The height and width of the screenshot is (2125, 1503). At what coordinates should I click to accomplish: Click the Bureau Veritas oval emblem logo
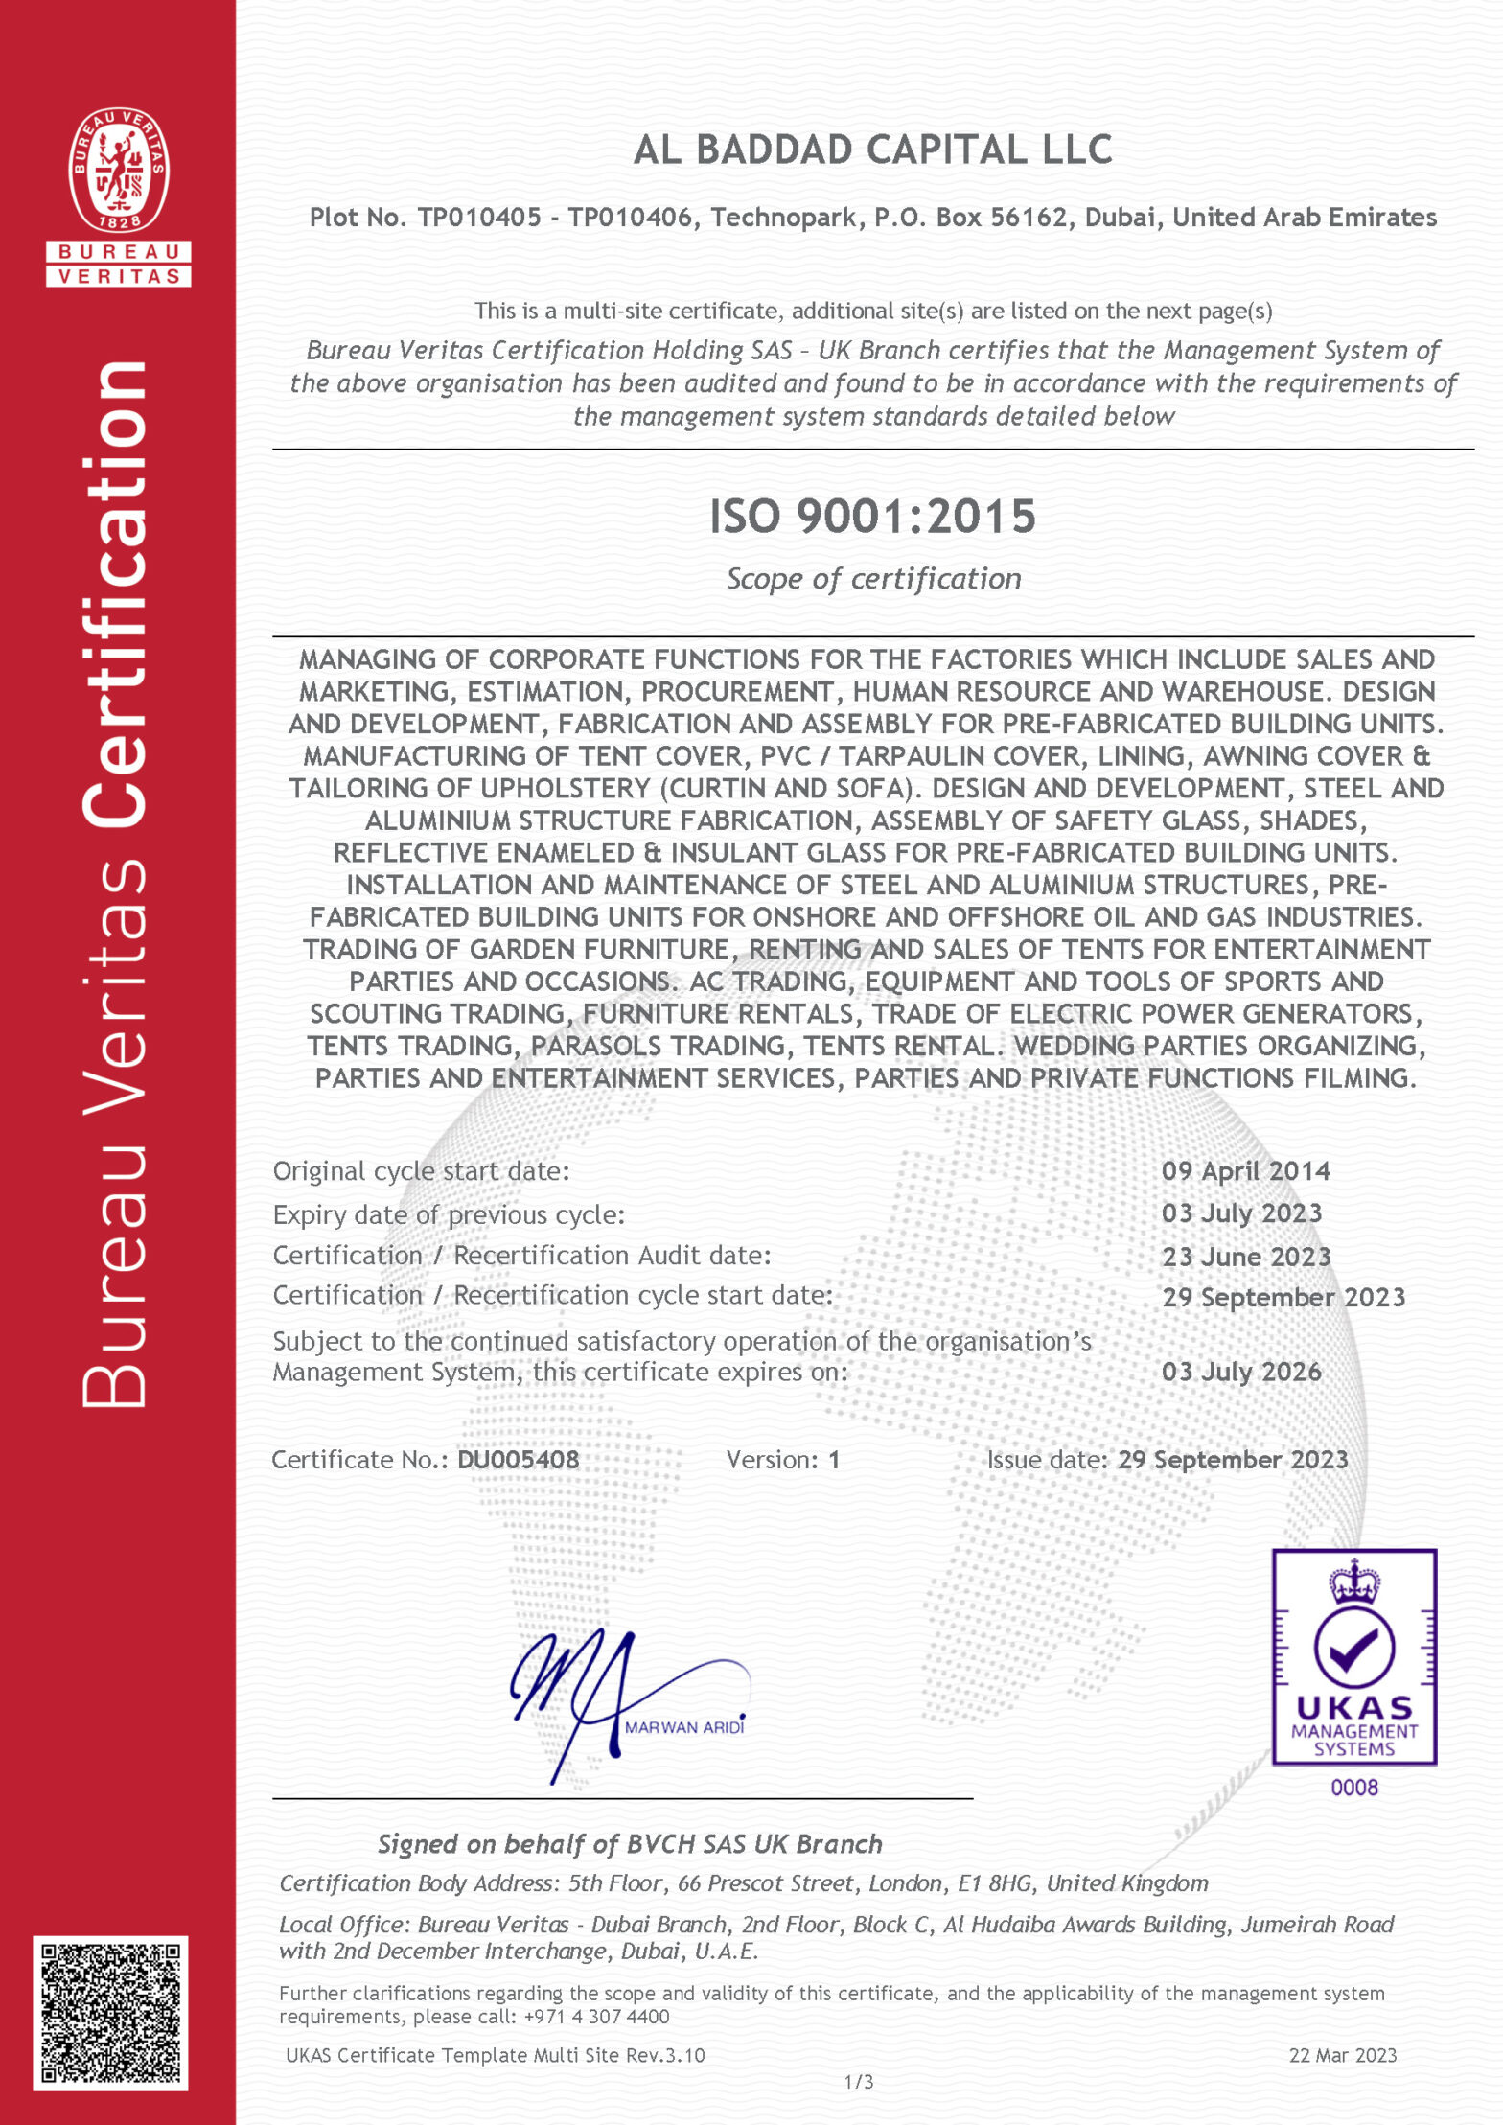coord(119,170)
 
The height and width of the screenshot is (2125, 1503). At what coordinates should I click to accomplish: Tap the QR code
coord(110,2013)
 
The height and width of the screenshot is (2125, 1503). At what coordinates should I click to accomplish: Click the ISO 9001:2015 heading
coord(872,517)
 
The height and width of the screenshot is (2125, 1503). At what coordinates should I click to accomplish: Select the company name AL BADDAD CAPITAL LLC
coord(872,150)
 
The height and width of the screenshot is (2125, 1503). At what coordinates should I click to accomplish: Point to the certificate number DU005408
coord(518,1460)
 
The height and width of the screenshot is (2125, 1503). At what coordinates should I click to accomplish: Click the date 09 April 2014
coord(1245,1170)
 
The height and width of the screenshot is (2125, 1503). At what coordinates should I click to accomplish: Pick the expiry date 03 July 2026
coord(1241,1372)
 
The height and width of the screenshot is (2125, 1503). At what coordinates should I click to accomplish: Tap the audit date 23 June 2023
coord(1246,1256)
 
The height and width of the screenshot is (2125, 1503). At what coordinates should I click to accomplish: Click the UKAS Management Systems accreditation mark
coord(1353,1657)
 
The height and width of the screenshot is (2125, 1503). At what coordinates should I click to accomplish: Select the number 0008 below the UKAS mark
coord(1353,1788)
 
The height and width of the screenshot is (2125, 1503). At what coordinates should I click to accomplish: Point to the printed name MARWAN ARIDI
coord(683,1727)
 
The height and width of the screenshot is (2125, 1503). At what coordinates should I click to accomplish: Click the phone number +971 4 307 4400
coord(596,2017)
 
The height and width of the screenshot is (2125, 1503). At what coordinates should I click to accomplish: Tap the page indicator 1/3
coord(859,2082)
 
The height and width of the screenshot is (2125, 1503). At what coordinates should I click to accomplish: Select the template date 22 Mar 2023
coord(1342,2055)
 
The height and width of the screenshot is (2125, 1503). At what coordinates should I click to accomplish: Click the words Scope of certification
coord(873,579)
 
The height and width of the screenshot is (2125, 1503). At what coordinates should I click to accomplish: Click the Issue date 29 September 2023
coord(1233,1460)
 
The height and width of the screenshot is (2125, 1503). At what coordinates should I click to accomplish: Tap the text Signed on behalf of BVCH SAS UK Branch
coord(630,1844)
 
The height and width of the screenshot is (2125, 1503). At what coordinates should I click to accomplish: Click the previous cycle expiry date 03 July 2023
coord(1241,1213)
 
